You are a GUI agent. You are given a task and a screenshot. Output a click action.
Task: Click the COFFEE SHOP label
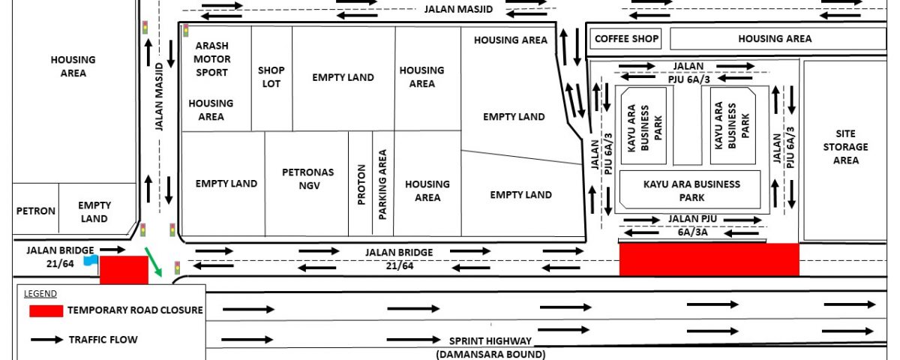coord(626,38)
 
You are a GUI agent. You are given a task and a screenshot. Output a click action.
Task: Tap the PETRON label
coord(36,211)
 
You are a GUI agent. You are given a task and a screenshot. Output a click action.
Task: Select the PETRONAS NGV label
coord(308,178)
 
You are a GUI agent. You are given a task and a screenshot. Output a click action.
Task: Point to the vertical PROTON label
coord(361,184)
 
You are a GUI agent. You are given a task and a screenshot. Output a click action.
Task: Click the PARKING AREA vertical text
coord(382,184)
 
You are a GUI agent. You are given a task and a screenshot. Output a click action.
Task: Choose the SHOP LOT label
coord(271,76)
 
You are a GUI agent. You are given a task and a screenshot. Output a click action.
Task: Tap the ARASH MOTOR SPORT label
coord(211,59)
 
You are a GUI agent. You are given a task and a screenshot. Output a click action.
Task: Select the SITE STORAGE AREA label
coord(845,147)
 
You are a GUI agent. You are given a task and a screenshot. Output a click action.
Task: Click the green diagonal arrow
coord(153,262)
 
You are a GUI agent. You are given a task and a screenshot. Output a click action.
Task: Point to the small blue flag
coord(91,260)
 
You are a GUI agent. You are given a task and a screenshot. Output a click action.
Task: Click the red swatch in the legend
coord(46,311)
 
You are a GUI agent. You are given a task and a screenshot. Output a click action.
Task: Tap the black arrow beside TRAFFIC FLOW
coord(47,340)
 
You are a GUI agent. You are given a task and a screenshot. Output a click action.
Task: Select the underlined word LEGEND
coord(40,294)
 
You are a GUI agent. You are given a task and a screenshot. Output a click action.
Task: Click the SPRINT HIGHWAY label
coord(490,341)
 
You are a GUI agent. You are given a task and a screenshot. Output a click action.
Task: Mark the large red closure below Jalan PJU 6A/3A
coord(709,259)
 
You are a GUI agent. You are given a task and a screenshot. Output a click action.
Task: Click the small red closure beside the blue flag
coord(124,270)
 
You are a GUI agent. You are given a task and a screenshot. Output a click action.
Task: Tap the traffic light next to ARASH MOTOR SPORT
coord(186,31)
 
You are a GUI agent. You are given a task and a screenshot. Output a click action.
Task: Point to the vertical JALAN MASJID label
coord(159,97)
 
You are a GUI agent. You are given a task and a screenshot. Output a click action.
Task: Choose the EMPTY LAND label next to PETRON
coord(94,211)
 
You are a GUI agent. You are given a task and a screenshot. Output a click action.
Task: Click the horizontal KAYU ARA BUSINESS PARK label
coord(691,190)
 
